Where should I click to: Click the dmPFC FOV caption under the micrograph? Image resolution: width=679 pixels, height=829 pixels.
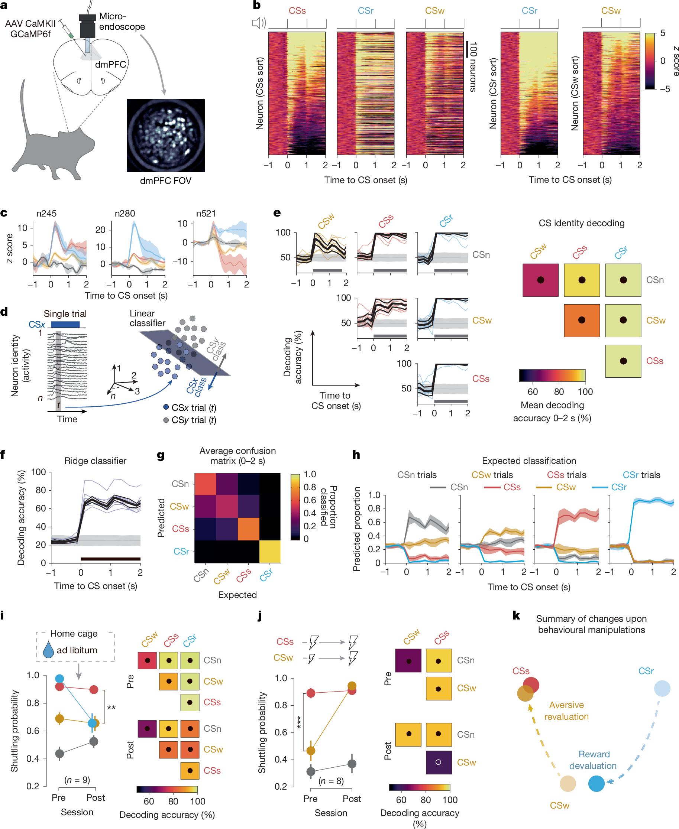click(x=165, y=181)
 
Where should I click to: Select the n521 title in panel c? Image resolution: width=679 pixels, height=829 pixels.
click(x=206, y=214)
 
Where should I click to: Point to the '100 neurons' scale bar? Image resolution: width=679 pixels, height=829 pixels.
click(x=467, y=50)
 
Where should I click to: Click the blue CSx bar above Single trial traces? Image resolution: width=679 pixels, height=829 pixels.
click(x=65, y=324)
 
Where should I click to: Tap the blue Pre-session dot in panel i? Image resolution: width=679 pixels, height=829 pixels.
click(x=59, y=679)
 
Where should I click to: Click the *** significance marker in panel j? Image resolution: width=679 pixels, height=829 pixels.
click(x=298, y=722)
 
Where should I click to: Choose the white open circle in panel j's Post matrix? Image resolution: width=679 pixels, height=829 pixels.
click(x=439, y=762)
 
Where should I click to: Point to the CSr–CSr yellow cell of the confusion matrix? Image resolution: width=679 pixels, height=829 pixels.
click(x=269, y=552)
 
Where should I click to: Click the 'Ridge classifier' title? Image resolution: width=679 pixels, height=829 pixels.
click(x=95, y=461)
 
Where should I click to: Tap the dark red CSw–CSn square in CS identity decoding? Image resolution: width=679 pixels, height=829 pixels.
click(x=540, y=280)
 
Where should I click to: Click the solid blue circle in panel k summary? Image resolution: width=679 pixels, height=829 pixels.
click(x=596, y=784)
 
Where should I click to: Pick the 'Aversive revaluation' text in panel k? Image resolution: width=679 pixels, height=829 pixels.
click(x=566, y=711)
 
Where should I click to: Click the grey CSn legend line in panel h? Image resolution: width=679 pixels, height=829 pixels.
click(x=438, y=487)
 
